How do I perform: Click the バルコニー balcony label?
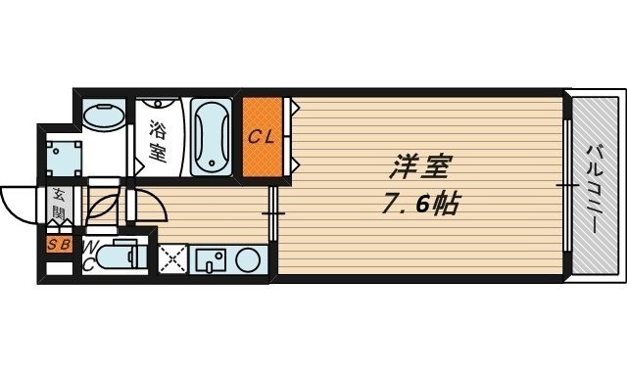click(595, 186)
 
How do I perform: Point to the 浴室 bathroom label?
click(157, 140)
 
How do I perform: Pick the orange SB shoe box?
click(57, 244)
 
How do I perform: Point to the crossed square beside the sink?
click(173, 261)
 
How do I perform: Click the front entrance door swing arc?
click(17, 206)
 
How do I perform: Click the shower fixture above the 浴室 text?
click(157, 107)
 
